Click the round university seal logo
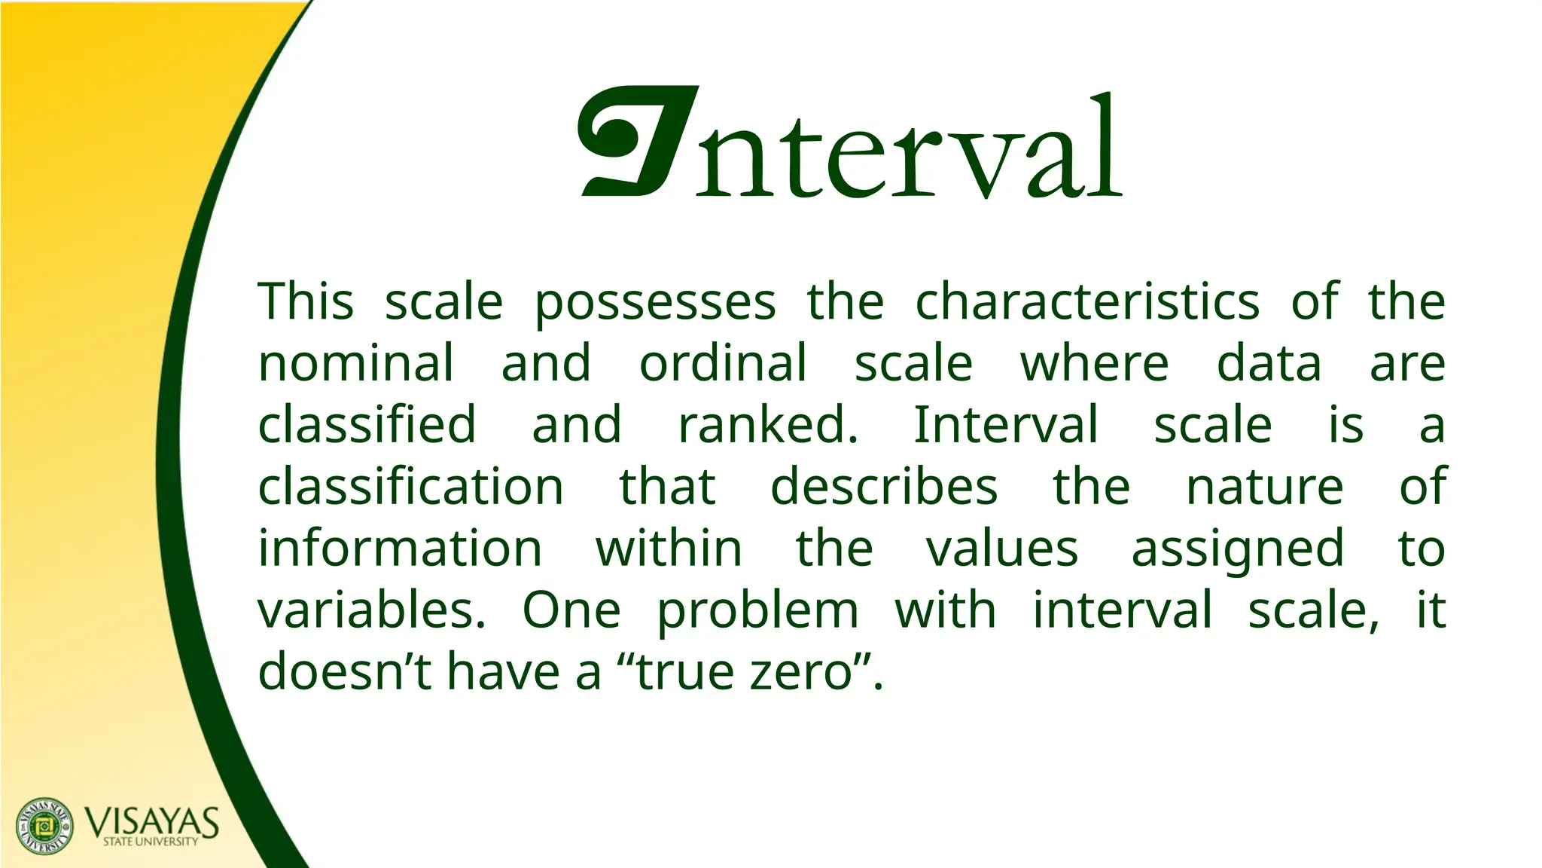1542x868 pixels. (x=45, y=826)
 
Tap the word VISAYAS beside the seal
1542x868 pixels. (x=152, y=821)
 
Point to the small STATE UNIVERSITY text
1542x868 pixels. (x=151, y=842)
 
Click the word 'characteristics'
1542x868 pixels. (x=1087, y=301)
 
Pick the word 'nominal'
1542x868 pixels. (x=356, y=363)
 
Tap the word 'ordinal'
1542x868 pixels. (x=723, y=363)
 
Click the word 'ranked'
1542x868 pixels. (x=767, y=425)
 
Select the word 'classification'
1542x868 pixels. (x=410, y=487)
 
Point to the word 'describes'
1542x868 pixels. (x=884, y=487)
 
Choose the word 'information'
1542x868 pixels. (x=400, y=549)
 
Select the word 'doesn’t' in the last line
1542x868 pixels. (x=344, y=672)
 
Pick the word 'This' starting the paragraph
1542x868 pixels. (x=306, y=301)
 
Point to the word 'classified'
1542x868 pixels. (x=367, y=425)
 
